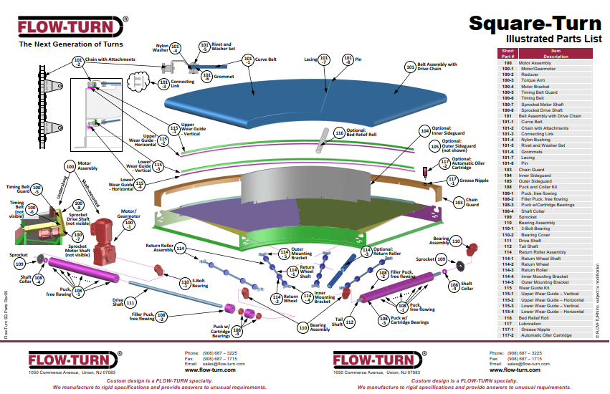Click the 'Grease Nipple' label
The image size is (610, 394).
(x=473, y=181)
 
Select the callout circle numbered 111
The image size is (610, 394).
(x=130, y=303)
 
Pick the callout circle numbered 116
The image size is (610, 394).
(x=339, y=133)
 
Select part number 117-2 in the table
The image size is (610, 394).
(x=507, y=335)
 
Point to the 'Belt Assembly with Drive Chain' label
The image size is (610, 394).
(x=437, y=67)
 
